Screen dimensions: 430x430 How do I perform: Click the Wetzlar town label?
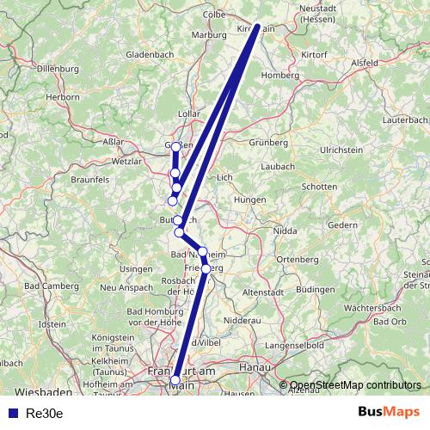click(126, 161)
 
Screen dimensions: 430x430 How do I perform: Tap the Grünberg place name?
click(267, 143)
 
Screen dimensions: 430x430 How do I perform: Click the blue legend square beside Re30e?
click(9, 414)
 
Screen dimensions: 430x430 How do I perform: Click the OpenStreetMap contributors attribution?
click(354, 385)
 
